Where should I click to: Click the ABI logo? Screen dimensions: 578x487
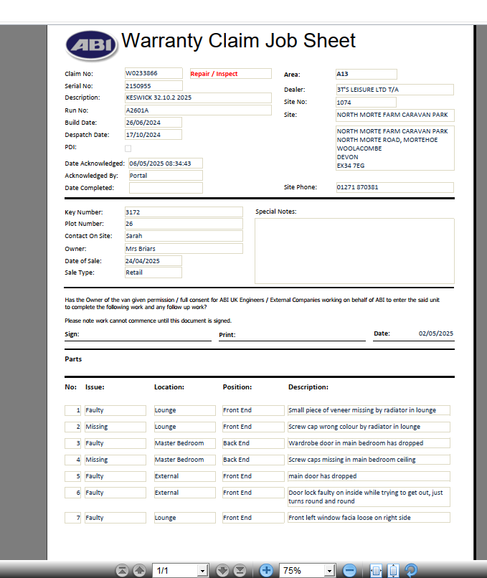click(x=91, y=44)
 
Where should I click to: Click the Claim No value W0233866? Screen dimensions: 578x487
click(x=153, y=74)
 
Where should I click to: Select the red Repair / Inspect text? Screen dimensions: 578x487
click(x=230, y=74)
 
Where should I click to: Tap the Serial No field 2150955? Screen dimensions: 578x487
click(x=153, y=86)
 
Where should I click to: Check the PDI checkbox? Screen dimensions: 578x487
click(x=128, y=148)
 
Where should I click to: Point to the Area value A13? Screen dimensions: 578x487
click(x=366, y=74)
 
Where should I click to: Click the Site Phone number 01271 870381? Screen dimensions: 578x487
click(x=394, y=188)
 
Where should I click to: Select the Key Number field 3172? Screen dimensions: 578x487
click(x=183, y=212)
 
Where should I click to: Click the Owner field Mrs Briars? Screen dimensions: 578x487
click(x=183, y=249)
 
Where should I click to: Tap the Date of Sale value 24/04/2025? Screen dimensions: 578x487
click(x=153, y=261)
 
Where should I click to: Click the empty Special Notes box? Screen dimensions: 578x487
click(x=354, y=251)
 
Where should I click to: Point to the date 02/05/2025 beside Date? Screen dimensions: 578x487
click(x=436, y=334)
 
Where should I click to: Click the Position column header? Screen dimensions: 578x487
click(x=237, y=387)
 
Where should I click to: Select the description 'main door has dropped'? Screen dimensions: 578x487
click(x=369, y=476)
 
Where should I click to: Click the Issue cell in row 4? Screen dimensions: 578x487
click(x=115, y=460)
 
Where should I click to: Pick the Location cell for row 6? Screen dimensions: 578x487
click(x=184, y=493)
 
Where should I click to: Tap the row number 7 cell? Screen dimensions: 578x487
click(x=73, y=518)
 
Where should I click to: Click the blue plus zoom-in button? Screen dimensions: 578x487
click(x=266, y=570)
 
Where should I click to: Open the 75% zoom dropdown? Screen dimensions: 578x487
click(x=330, y=570)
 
